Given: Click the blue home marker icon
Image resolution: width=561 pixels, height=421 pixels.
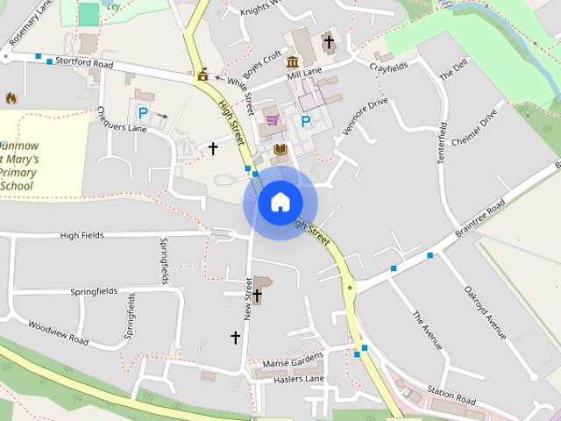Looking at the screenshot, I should click(280, 203).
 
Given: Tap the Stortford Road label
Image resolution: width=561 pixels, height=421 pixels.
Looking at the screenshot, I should click(85, 63).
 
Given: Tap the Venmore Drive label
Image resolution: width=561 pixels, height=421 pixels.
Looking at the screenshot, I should click(364, 115).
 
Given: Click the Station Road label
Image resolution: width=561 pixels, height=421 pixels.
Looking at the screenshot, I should click(451, 395).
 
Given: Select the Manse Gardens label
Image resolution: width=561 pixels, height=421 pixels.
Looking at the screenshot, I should click(292, 360).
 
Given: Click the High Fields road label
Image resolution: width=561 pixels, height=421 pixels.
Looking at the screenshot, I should click(82, 235).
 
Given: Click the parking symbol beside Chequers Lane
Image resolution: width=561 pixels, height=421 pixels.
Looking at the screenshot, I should click(142, 113).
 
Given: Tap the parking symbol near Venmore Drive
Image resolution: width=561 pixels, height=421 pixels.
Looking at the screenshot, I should click(306, 121).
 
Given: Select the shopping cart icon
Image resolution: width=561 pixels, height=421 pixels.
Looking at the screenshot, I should click(271, 120).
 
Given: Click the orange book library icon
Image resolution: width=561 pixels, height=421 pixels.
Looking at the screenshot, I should click(280, 150).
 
